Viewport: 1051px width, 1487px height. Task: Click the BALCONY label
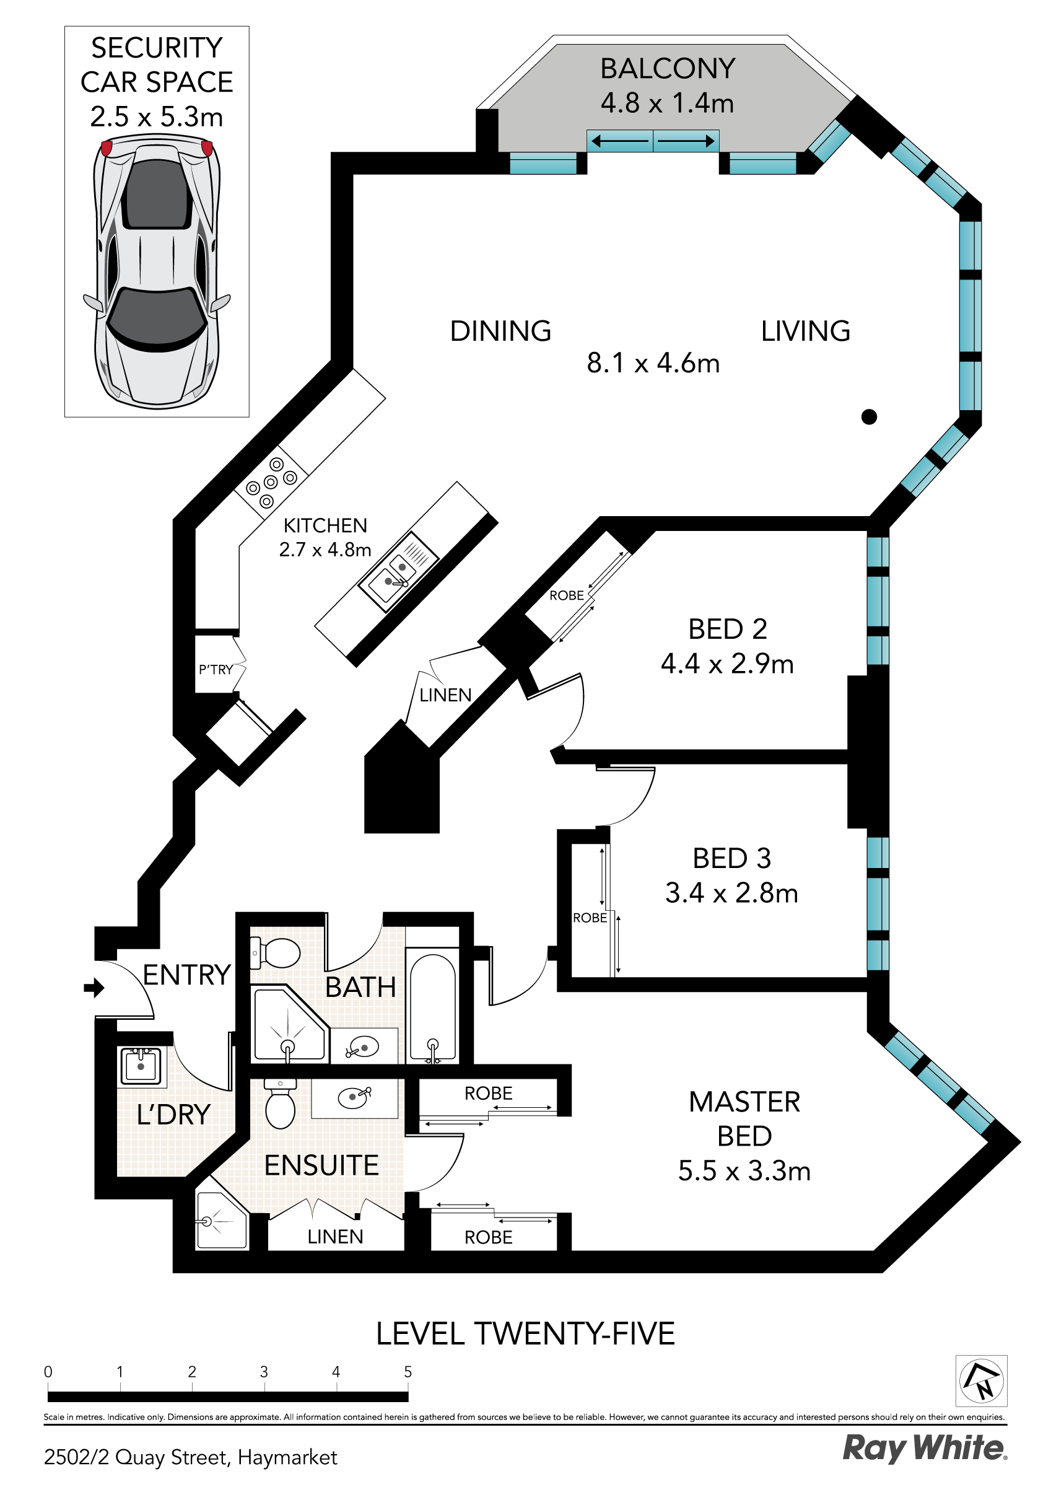(x=668, y=69)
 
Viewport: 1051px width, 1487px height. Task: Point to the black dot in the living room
(x=869, y=416)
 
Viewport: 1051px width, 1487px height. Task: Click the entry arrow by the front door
(x=94, y=988)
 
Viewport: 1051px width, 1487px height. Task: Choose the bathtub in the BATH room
(x=432, y=1007)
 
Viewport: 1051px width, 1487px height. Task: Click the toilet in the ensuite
(x=280, y=1103)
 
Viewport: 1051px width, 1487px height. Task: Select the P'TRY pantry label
(x=216, y=670)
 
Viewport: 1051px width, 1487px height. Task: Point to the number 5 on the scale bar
(x=408, y=1371)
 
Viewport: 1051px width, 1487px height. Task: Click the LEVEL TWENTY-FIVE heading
(x=525, y=1333)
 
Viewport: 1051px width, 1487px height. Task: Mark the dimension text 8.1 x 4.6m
(x=653, y=362)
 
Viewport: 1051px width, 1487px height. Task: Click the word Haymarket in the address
(x=287, y=1457)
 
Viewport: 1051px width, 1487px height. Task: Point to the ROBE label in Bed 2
(x=567, y=595)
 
